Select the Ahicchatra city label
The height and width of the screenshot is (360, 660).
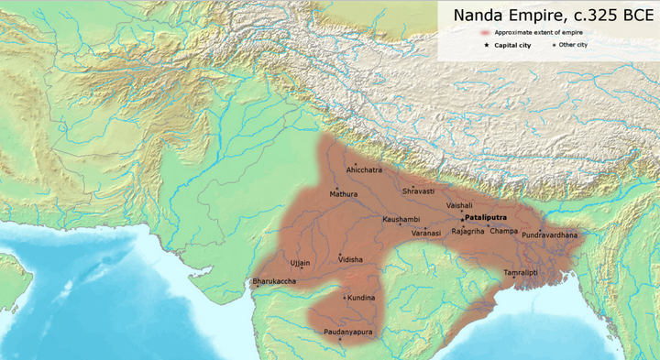click(364, 170)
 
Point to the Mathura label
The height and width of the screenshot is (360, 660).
click(344, 194)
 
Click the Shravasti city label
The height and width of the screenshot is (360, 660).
click(417, 191)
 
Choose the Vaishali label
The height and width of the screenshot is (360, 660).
click(459, 206)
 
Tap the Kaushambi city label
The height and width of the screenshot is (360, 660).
click(401, 220)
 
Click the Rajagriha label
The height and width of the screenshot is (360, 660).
click(467, 231)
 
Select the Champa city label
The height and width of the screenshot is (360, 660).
click(503, 231)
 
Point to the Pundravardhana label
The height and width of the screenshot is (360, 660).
click(550, 235)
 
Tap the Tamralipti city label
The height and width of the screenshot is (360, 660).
click(520, 274)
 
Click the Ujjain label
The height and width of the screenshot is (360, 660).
click(301, 263)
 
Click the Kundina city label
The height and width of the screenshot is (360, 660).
click(360, 298)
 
